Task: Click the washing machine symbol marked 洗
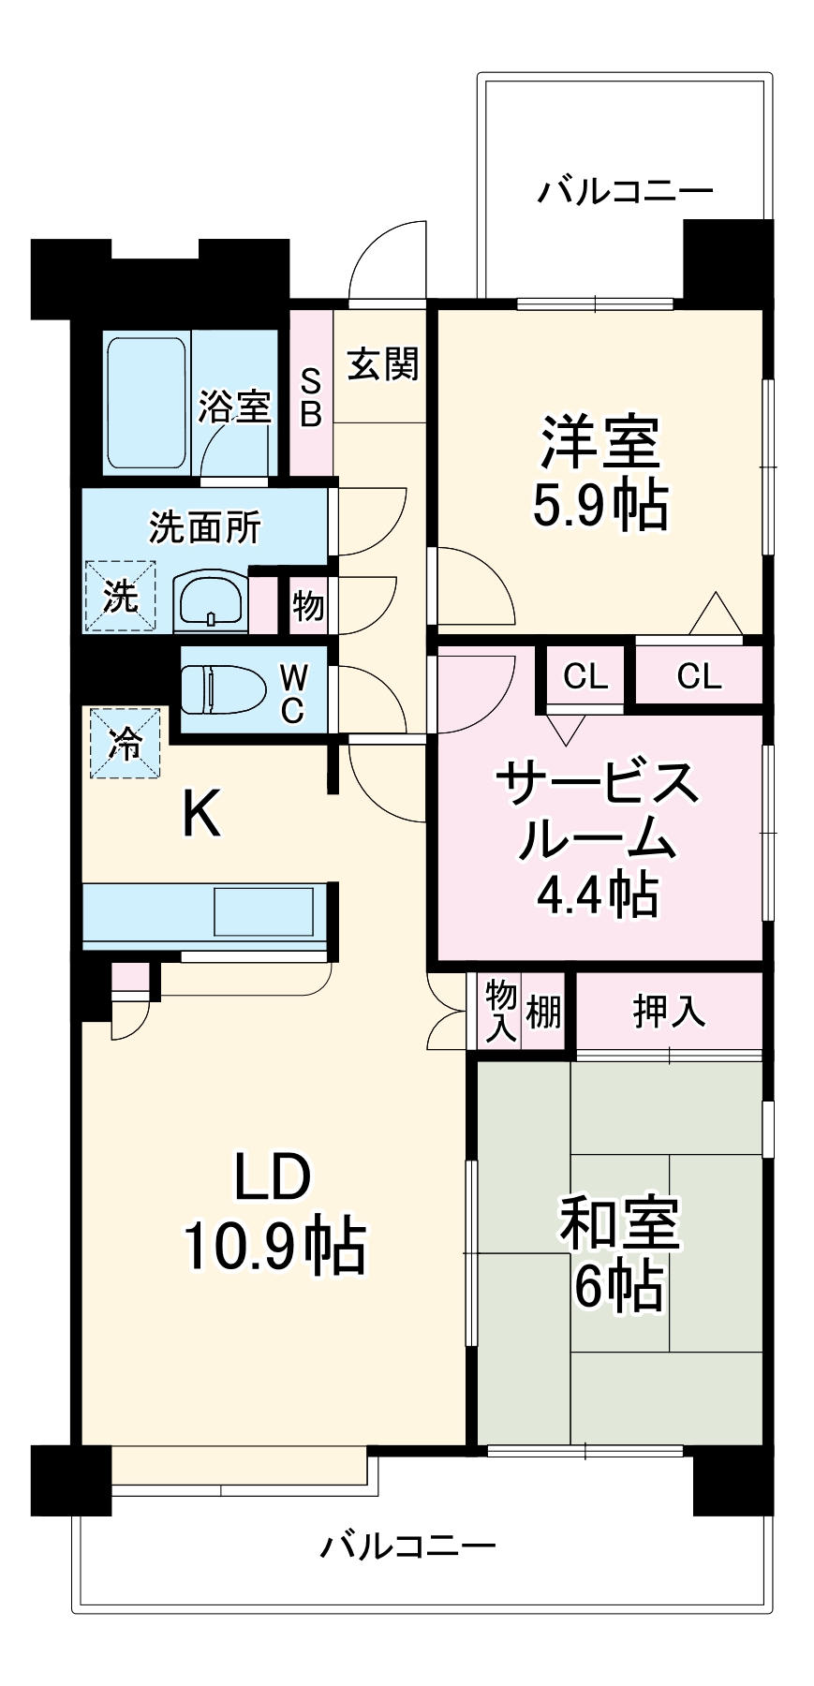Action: (120, 596)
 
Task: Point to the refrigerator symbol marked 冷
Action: (125, 743)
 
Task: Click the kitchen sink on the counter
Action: (263, 911)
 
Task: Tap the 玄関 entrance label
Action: (382, 363)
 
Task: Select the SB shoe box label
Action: (310, 397)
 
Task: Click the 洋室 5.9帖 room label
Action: (599, 473)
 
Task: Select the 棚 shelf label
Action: (543, 1012)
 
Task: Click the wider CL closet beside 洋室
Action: (699, 675)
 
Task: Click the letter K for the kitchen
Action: (200, 813)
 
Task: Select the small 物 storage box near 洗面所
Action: (307, 606)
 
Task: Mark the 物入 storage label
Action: (500, 1011)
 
